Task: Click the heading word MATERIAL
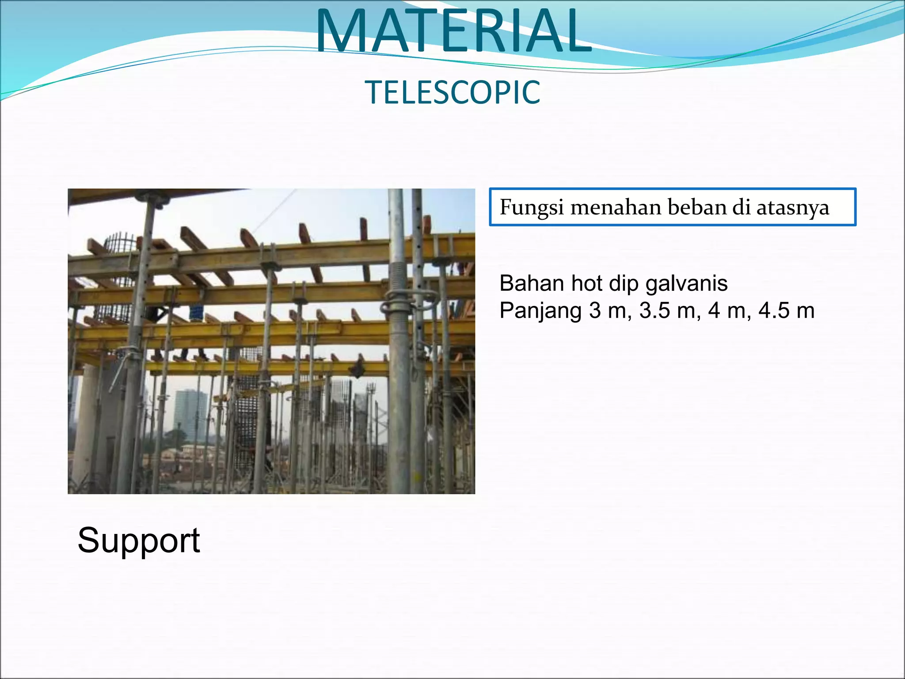[453, 31]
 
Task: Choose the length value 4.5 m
[786, 311]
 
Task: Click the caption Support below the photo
[139, 540]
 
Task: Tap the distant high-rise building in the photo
[190, 411]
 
